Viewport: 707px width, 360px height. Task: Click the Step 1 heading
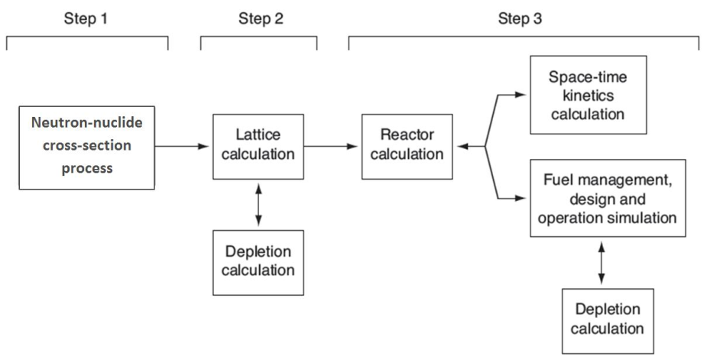click(86, 18)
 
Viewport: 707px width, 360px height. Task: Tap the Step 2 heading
click(261, 18)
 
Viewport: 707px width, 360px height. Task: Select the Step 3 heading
click(520, 18)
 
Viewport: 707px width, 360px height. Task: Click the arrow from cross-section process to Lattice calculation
click(182, 146)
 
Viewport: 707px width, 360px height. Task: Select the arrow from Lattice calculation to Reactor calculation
click(330, 146)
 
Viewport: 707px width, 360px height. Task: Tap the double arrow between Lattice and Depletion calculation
click(258, 204)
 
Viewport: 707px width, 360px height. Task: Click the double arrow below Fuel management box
click(601, 263)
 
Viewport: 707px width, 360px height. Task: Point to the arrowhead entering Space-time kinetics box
click(521, 95)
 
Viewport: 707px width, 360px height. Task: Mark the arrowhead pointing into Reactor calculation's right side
click(462, 146)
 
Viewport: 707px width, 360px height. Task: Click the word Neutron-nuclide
click(86, 123)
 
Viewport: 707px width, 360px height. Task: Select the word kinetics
click(589, 96)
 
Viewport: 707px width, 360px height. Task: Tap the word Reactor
click(407, 135)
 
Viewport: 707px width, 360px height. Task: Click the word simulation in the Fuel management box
click(641, 218)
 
